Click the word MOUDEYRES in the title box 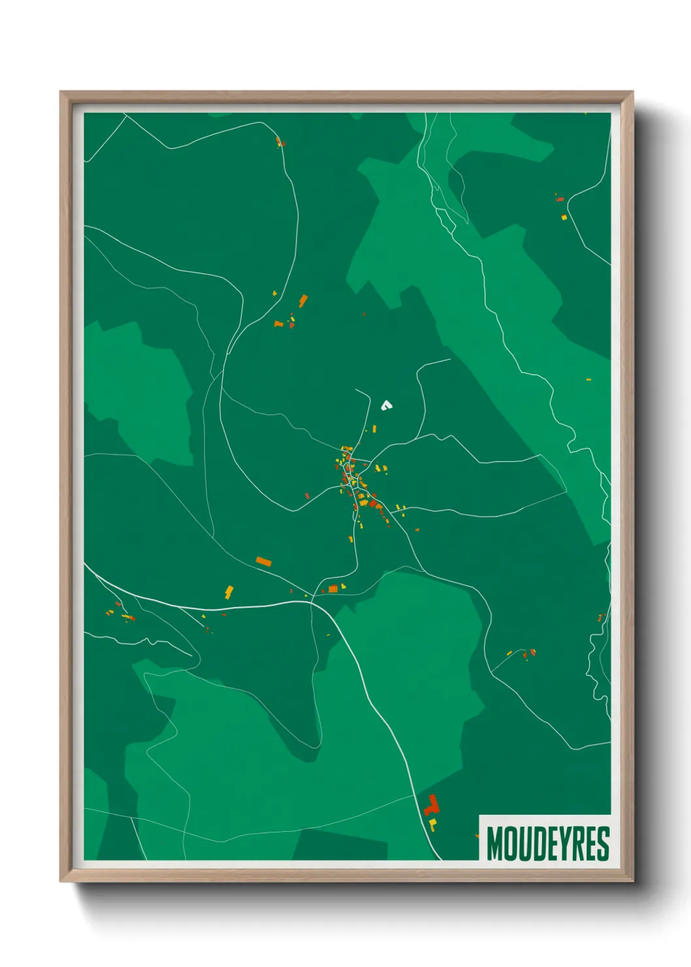tap(547, 844)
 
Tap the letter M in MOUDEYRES tap(494, 844)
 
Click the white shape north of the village tap(386, 406)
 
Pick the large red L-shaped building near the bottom tap(431, 806)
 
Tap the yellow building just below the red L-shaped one tap(432, 824)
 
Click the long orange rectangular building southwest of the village tap(263, 561)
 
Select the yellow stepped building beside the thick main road tap(229, 592)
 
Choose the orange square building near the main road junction tap(333, 589)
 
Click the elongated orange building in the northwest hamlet tap(303, 301)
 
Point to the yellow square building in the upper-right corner tap(564, 217)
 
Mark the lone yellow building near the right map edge tap(588, 379)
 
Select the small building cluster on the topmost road tap(280, 142)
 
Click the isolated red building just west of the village tap(307, 496)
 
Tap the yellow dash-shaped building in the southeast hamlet tap(509, 653)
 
